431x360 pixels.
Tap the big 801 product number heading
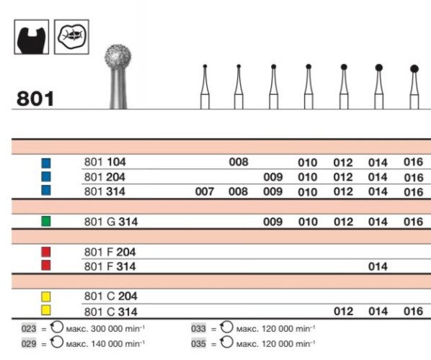coord(35,98)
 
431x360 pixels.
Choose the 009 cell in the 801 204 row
coord(273,177)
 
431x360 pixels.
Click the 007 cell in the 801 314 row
coord(205,192)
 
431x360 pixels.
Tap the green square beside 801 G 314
coord(46,221)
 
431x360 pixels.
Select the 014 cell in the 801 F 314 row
coord(378,266)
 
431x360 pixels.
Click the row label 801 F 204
coord(110,252)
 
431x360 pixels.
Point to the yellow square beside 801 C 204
coord(46,296)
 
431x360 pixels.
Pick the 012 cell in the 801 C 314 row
coord(343,311)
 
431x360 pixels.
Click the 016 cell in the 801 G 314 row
coord(413,222)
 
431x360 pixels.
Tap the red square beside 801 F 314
coord(46,266)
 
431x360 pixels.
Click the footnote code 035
coord(199,343)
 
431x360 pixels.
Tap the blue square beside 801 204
coord(46,177)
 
